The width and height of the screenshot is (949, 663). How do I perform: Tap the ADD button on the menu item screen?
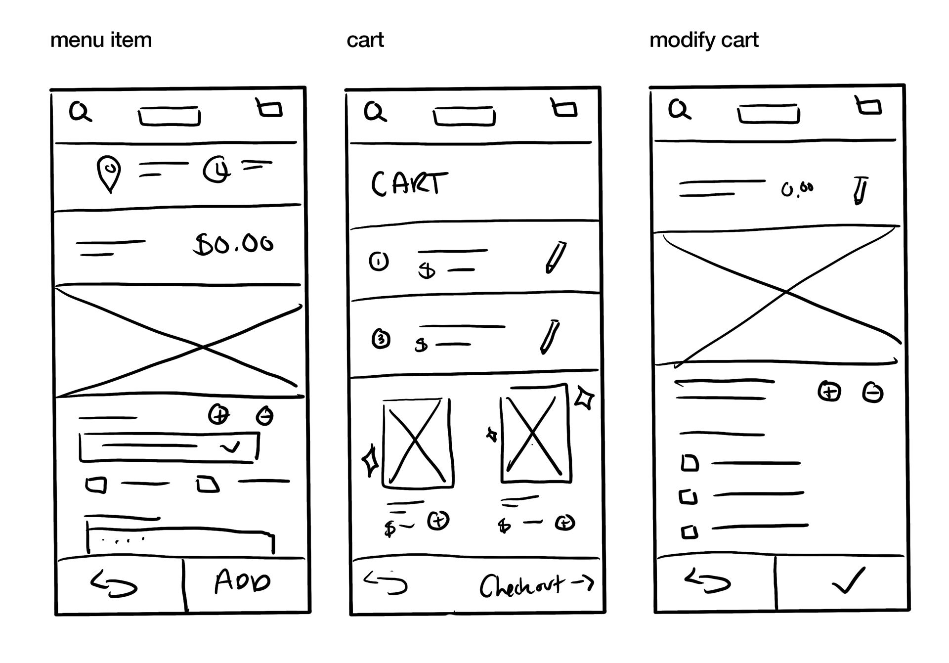point(243,582)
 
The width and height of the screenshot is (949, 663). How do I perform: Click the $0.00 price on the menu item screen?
point(233,244)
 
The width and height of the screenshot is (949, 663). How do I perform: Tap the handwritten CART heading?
point(409,184)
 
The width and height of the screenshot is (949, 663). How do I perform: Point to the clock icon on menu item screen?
point(216,170)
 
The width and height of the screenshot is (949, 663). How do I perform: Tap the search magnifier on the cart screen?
point(375,111)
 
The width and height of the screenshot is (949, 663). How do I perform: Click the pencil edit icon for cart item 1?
point(555,257)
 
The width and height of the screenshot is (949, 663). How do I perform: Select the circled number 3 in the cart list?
point(381,339)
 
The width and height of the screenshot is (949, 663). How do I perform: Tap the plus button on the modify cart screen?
point(829,392)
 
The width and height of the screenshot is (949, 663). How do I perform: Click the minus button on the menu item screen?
point(265,416)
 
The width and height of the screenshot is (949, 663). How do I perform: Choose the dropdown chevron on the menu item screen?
point(230,447)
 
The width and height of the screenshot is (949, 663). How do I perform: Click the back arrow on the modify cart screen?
point(707,580)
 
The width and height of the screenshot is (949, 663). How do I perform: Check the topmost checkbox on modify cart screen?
point(690,463)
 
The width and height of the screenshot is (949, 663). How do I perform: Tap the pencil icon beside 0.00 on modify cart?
point(860,190)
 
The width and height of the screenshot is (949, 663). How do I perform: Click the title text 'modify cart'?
point(703,40)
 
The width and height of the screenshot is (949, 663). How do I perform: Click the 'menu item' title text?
point(101,40)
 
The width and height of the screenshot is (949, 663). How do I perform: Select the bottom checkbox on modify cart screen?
point(690,532)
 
